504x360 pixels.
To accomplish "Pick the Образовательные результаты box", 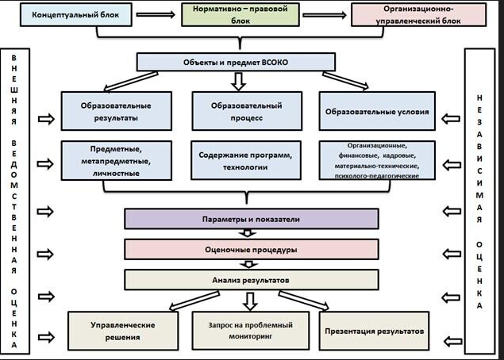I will pos(116,111).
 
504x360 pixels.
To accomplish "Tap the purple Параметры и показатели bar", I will pos(250,218).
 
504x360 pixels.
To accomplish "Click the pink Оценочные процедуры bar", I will pos(250,249).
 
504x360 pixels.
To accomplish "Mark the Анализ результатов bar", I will pos(250,279).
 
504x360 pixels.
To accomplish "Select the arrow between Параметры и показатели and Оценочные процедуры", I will pos(250,233).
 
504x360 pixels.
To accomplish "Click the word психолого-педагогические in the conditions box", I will pos(377,175).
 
